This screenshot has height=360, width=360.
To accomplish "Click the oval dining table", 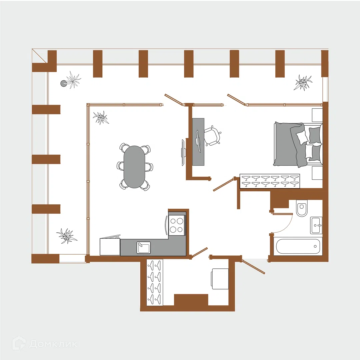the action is pos(134,167).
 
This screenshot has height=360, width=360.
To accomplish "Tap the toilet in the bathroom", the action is pos(302,208).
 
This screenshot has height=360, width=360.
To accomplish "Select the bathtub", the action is pos(298,246).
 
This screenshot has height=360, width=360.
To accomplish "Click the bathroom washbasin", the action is pos(316,225).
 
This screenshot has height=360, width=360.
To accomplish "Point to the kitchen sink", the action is pos(143,247).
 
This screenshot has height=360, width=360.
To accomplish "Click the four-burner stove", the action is pos(177,225).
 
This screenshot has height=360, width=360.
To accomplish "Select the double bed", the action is pos(298,144).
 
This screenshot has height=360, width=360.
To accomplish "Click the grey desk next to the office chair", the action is pos(198,142).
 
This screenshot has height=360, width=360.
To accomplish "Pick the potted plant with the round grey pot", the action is pos(71,80).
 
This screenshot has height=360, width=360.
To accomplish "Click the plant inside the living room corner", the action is pos(101,118).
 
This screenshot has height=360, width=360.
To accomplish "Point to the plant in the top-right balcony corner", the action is pos(303,82).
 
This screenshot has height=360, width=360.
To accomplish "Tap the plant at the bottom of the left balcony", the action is pos(67,236).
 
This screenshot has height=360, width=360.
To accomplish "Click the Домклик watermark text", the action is pos(53,344).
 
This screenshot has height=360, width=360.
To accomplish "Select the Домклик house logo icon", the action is pos(19,343).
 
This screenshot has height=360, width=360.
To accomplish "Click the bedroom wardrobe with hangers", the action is pos(270,181).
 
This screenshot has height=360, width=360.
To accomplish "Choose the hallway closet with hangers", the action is pos(155,282).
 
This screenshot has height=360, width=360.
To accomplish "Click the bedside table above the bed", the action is pos(317,115).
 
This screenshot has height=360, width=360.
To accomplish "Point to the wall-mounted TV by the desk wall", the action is pos(183,152).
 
